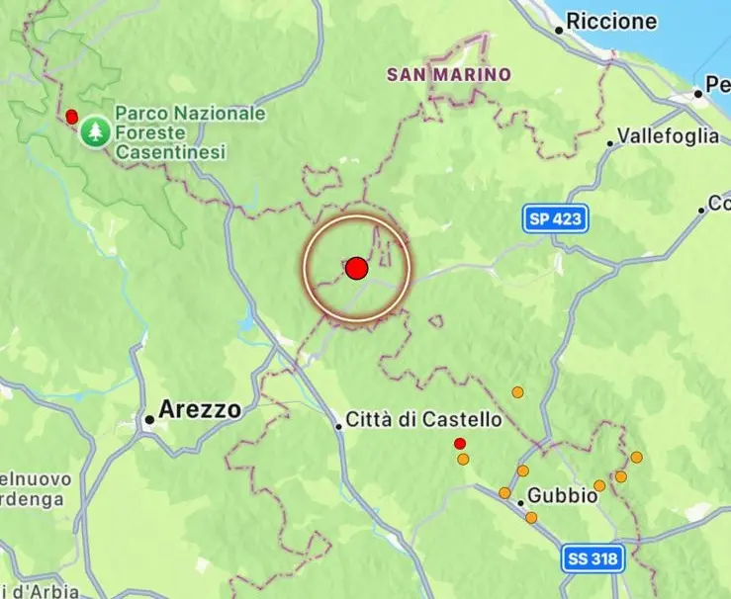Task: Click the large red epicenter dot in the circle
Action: click(357, 268)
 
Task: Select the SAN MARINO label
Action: click(449, 74)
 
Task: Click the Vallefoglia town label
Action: click(668, 136)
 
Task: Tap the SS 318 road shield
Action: click(594, 558)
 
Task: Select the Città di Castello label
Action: click(422, 420)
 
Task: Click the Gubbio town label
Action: click(562, 495)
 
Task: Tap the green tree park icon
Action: click(95, 130)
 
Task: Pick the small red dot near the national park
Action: click(71, 117)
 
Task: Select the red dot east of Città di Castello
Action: click(459, 443)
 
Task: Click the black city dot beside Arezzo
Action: click(149, 419)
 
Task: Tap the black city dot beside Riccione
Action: click(559, 31)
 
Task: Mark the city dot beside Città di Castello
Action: click(338, 426)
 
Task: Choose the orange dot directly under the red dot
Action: click(463, 459)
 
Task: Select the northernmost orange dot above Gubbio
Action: click(516, 392)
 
